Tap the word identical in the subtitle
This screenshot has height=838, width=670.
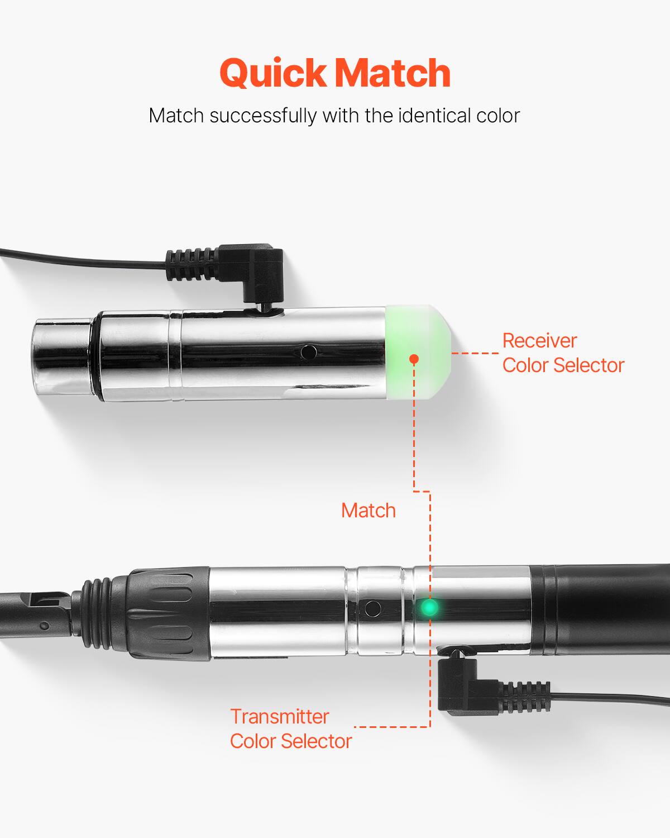click(x=433, y=116)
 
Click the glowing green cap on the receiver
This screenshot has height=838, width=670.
click(x=419, y=353)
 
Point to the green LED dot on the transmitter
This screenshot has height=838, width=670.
click(x=429, y=607)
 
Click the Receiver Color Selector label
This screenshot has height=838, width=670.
click(x=563, y=353)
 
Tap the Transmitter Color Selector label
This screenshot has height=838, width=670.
click(x=290, y=729)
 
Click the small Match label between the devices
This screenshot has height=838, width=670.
click(x=368, y=510)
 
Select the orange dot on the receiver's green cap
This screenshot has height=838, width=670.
click(x=414, y=359)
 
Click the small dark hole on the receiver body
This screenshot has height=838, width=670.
click(x=307, y=352)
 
